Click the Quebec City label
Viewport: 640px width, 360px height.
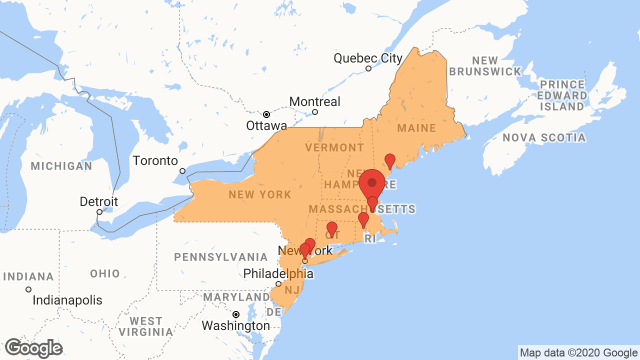tap(368, 58)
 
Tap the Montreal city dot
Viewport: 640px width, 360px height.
tap(315, 112)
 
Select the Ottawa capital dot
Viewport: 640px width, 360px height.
tap(266, 114)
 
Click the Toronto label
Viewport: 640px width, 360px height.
tap(155, 160)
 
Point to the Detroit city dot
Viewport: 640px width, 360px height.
tap(99, 212)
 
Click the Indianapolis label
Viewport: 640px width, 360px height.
tap(67, 300)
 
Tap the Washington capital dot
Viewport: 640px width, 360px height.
tap(236, 314)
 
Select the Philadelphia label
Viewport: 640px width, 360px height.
tap(278, 274)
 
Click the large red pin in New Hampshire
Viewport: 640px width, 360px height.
tap(372, 183)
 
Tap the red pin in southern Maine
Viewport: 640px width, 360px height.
tap(390, 160)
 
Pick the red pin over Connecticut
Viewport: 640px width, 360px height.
tap(331, 228)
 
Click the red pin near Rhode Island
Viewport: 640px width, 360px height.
tap(363, 219)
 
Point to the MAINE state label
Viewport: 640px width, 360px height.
tap(416, 128)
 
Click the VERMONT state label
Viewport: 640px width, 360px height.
tap(335, 147)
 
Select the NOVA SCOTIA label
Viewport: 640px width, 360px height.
tap(544, 137)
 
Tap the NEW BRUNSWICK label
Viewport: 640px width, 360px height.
tap(485, 66)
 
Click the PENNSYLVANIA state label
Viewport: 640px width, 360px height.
tap(221, 257)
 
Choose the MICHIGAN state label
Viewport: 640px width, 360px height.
tap(61, 166)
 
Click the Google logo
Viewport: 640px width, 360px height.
tap(33, 348)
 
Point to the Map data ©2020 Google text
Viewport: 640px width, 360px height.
tap(578, 353)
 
